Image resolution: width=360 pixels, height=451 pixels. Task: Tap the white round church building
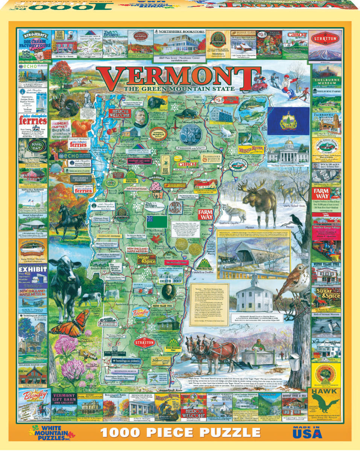[254, 295]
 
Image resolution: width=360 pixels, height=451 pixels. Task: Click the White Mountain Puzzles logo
[53, 431]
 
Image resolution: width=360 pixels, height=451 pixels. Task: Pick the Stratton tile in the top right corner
[325, 45]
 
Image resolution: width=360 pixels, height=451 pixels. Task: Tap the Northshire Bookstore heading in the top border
[180, 32]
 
